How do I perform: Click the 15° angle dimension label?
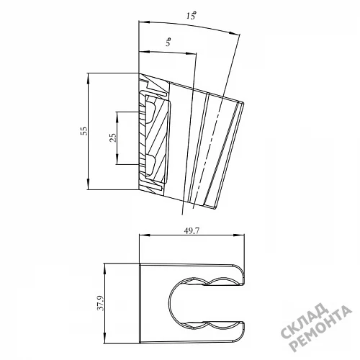(191, 16)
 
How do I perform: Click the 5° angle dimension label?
(168, 42)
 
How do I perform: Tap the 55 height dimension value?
(84, 131)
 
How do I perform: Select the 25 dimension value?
(112, 138)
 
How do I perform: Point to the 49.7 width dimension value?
(192, 230)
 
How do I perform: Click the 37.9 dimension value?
(101, 303)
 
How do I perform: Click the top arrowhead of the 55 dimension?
(89, 78)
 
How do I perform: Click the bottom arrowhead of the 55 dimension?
(89, 184)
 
